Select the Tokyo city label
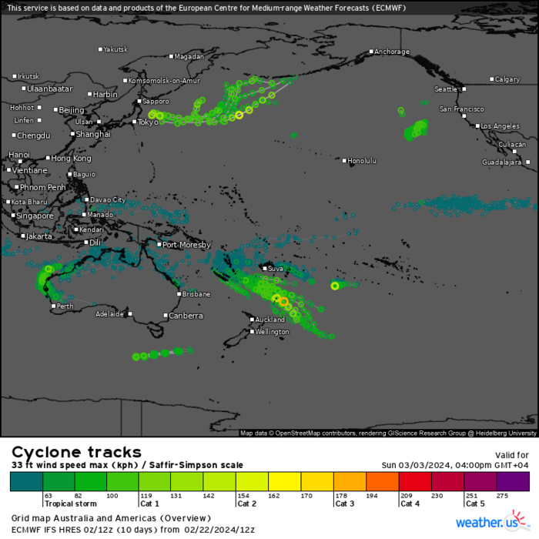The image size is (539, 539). point(148,122)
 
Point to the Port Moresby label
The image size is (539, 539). point(183,245)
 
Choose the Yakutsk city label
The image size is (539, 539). point(115,49)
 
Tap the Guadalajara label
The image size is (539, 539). point(502,162)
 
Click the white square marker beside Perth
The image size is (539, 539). point(53,306)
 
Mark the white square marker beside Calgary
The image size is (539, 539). point(491,79)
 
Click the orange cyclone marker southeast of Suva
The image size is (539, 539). point(283,301)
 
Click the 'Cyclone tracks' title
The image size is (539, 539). point(76,452)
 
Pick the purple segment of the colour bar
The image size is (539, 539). point(513,482)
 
